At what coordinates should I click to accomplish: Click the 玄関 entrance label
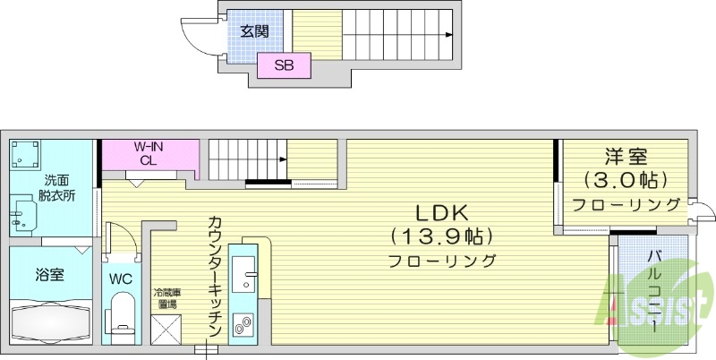click(x=255, y=31)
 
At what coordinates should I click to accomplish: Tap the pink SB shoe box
click(x=284, y=65)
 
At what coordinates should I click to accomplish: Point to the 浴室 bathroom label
click(x=49, y=274)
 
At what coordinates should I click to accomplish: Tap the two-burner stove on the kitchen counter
click(x=243, y=325)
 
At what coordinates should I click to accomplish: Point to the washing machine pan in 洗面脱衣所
click(x=26, y=158)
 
